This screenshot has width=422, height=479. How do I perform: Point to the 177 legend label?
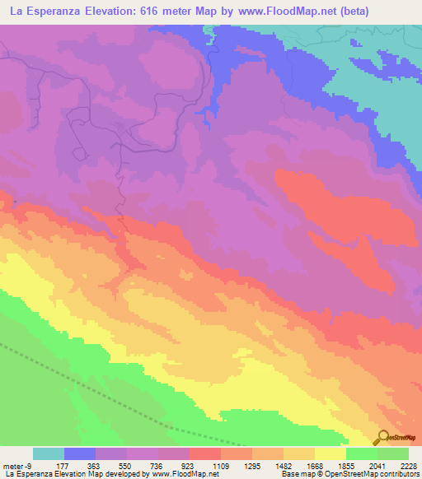pyautogui.click(x=63, y=465)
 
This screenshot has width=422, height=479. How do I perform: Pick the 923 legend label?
pyautogui.click(x=189, y=465)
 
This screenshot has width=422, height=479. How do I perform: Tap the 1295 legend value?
pyautogui.click(x=251, y=465)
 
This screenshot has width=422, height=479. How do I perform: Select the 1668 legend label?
pyautogui.click(x=314, y=465)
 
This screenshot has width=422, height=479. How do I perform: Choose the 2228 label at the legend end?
pyautogui.click(x=408, y=465)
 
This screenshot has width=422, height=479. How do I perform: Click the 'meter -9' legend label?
pyautogui.click(x=18, y=465)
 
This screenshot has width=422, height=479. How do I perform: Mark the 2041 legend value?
pyautogui.click(x=377, y=465)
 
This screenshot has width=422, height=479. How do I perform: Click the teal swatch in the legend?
pyautogui.click(x=49, y=453)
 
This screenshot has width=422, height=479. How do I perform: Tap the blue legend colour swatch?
pyautogui.click(x=80, y=453)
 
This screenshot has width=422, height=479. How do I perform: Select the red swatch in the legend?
pyautogui.click(x=205, y=453)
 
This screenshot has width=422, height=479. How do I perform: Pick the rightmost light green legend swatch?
pyautogui.click(x=393, y=453)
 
